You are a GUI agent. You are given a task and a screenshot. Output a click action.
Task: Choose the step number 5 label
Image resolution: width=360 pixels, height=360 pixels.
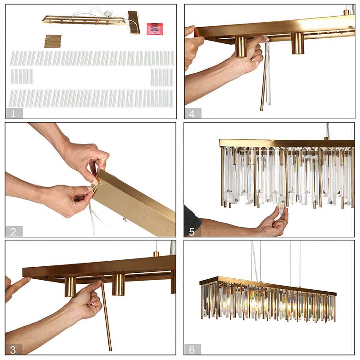(192, 232)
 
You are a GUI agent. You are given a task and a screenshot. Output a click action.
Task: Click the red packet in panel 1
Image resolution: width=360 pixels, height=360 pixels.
(155, 29)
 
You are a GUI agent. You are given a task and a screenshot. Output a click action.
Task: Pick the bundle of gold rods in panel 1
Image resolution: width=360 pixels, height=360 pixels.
(53, 41)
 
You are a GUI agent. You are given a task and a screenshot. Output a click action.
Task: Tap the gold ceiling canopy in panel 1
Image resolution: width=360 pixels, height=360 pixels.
(134, 23)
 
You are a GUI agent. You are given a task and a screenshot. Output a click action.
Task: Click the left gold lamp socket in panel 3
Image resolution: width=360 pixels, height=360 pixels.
(70, 287)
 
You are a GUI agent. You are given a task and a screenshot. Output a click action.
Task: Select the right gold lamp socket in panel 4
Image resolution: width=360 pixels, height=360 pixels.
(298, 43)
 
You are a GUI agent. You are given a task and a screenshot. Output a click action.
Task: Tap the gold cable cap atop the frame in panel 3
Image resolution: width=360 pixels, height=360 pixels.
(156, 254)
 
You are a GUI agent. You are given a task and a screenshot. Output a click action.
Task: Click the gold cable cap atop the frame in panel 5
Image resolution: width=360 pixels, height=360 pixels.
(326, 138)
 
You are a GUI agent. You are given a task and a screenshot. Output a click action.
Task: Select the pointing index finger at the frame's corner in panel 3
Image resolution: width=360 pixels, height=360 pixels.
(22, 282)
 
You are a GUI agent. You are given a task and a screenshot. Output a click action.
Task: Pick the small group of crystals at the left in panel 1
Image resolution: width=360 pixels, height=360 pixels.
(22, 77)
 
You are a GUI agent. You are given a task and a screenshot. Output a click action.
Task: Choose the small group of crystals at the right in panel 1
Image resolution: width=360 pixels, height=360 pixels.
(162, 77)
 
